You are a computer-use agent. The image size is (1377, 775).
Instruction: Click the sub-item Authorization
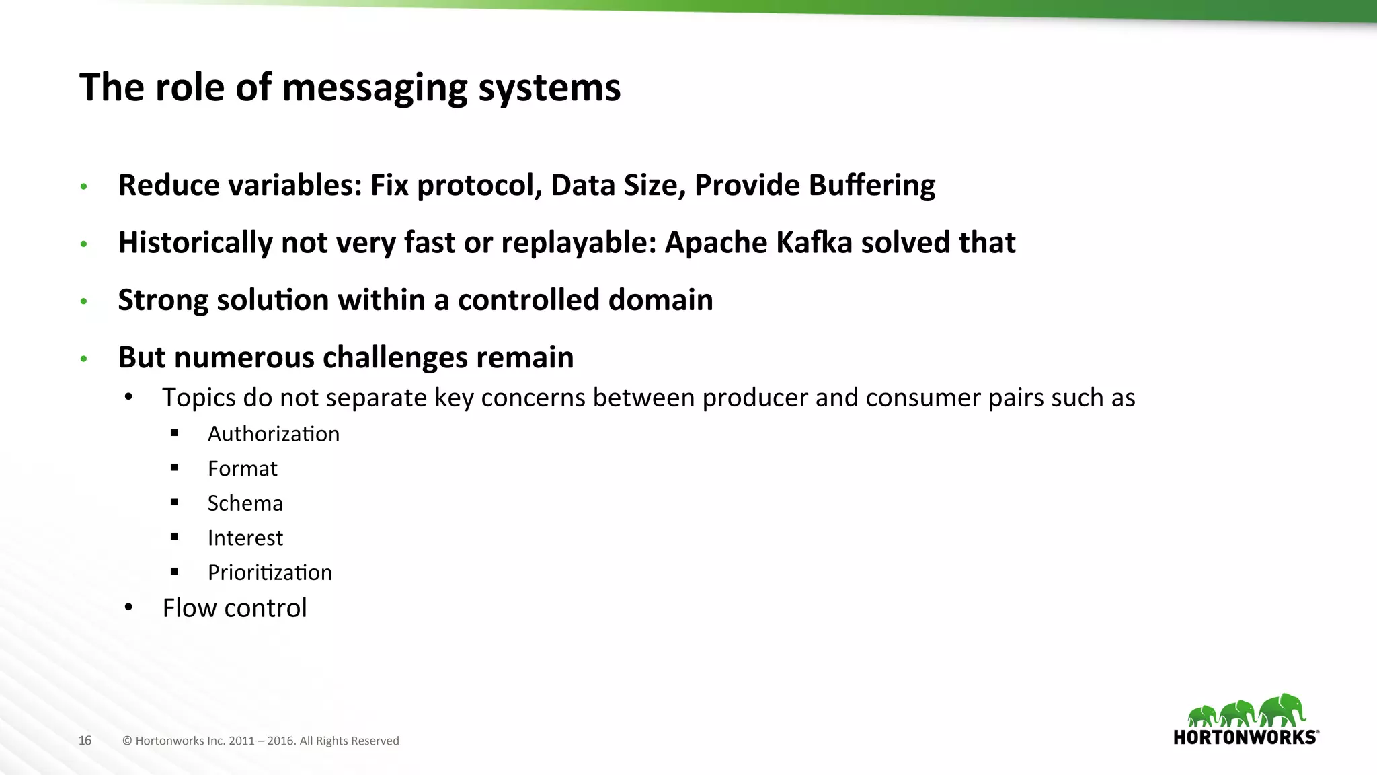[x=273, y=434]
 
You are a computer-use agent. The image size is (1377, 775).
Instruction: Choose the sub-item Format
[x=242, y=469]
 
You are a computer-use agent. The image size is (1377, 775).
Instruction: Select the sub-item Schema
[x=245, y=503]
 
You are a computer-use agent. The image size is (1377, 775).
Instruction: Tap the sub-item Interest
[x=245, y=538]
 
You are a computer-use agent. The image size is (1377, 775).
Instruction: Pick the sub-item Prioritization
[x=270, y=573]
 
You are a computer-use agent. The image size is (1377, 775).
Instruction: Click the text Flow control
[x=234, y=608]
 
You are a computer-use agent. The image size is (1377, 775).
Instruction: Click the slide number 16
[x=85, y=741]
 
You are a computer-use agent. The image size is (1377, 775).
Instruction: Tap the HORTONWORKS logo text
[x=1245, y=737]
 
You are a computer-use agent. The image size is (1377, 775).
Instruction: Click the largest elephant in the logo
[x=1282, y=710]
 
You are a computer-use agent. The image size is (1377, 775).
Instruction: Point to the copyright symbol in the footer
[x=127, y=741]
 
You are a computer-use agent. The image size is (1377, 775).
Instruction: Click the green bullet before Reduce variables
[x=84, y=186]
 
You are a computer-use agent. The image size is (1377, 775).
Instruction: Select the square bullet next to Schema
[x=175, y=503]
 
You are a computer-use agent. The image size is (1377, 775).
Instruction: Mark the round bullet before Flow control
[x=129, y=607]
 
